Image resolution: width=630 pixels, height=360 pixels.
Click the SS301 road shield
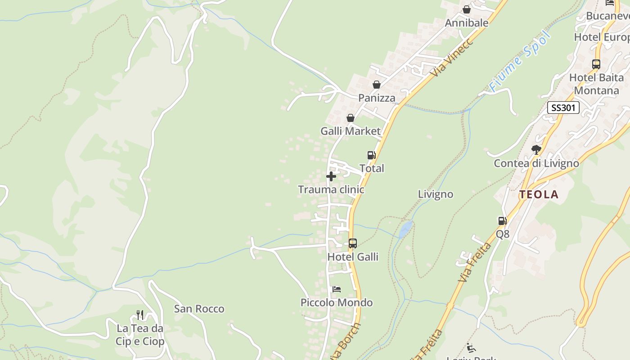(563, 108)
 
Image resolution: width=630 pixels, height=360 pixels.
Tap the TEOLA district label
(539, 194)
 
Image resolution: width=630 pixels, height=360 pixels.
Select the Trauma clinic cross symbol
(331, 176)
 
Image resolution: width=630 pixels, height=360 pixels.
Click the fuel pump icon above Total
(371, 155)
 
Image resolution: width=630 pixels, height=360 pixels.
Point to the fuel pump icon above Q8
(502, 220)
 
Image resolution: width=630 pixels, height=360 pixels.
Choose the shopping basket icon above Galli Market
(351, 118)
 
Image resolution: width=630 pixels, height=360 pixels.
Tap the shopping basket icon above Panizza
(377, 85)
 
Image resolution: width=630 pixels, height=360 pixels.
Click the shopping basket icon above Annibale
(467, 9)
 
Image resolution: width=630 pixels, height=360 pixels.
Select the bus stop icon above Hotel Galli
(353, 243)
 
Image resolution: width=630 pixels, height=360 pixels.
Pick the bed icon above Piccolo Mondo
(336, 289)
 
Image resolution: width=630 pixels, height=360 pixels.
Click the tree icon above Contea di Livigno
(536, 149)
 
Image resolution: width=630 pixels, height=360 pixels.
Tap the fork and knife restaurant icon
(140, 315)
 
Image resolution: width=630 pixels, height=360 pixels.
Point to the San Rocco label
(199, 309)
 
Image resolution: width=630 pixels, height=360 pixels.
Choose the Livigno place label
(435, 194)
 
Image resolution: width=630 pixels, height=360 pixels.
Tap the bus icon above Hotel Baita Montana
(596, 64)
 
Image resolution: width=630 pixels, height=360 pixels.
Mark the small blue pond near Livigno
(405, 229)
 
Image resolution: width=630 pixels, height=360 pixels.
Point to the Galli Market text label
(351, 131)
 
